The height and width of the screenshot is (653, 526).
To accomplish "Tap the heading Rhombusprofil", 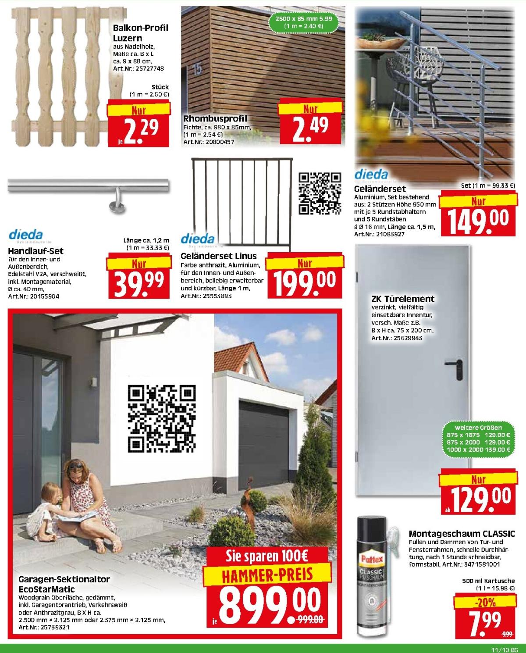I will point(215,118).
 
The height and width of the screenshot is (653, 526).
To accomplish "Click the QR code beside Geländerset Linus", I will point(320,193).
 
